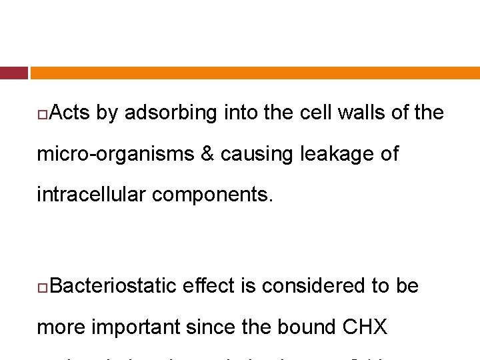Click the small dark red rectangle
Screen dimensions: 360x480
point(13,73)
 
